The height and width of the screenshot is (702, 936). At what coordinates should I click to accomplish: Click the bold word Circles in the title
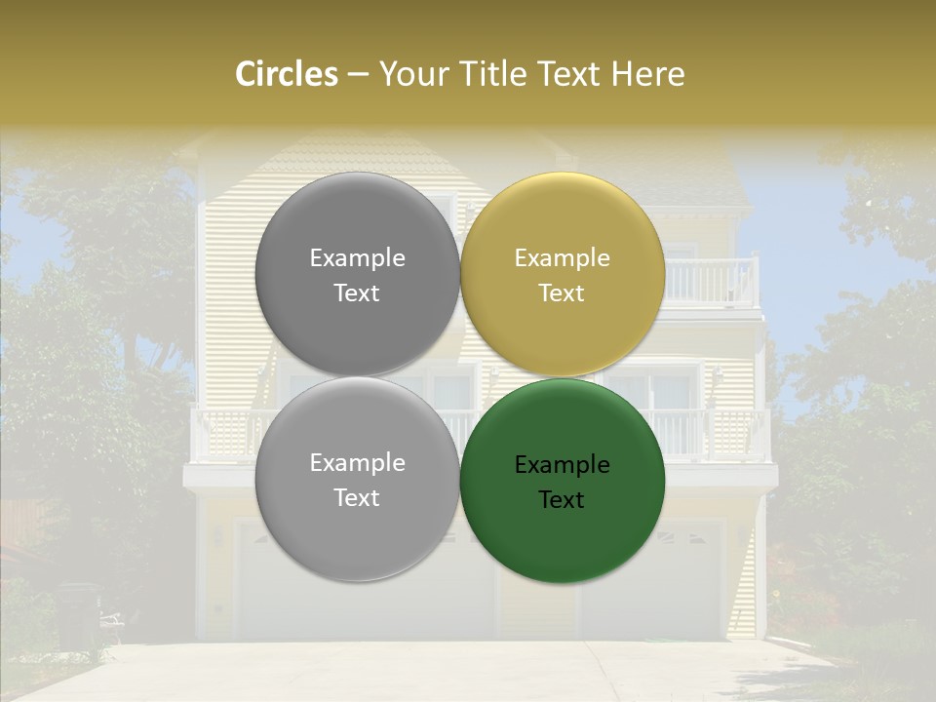[x=287, y=74]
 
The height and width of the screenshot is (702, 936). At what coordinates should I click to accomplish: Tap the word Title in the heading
[x=488, y=74]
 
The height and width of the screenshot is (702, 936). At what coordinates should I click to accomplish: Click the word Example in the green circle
[x=562, y=465]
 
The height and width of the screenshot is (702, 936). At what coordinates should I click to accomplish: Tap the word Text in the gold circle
[x=562, y=293]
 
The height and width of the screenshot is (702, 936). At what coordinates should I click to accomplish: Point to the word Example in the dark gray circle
[x=357, y=258]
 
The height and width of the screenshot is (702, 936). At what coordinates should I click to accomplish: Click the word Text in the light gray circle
[x=357, y=498]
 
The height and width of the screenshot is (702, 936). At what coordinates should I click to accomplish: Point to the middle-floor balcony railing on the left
[x=223, y=434]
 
